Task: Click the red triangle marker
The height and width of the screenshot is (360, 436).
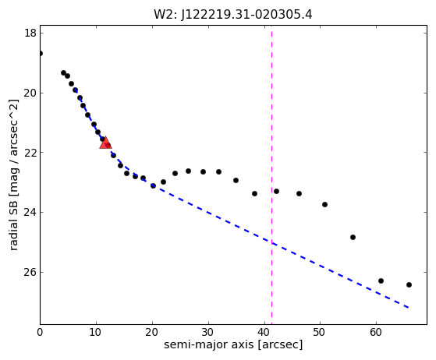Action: pyautogui.click(x=105, y=143)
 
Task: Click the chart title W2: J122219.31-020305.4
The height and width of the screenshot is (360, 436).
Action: pyautogui.click(x=233, y=15)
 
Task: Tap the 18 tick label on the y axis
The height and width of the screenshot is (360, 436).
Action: pyautogui.click(x=30, y=33)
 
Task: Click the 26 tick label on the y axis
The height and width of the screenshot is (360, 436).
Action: pyautogui.click(x=30, y=272)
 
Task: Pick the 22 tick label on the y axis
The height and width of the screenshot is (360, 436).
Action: pyautogui.click(x=30, y=153)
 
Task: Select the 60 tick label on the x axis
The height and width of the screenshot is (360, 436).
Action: pyautogui.click(x=376, y=332)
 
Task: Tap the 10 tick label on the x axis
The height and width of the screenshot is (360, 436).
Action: pyautogui.click(x=96, y=332)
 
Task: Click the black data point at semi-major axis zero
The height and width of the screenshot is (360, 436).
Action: pyautogui.click(x=41, y=53)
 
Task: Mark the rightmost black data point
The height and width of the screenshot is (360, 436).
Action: pyautogui.click(x=409, y=284)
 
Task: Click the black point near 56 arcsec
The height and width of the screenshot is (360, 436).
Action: pyautogui.click(x=353, y=237)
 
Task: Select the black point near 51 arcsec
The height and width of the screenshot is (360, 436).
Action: pyautogui.click(x=324, y=204)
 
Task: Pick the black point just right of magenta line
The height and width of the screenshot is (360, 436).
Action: pyautogui.click(x=276, y=191)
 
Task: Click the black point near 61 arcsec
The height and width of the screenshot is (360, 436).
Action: pyautogui.click(x=381, y=281)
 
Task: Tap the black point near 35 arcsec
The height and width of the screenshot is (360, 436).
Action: pyautogui.click(x=236, y=180)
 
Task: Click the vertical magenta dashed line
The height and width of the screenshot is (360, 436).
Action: pyautogui.click(x=271, y=175)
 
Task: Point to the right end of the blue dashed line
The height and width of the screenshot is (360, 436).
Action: pyautogui.click(x=408, y=308)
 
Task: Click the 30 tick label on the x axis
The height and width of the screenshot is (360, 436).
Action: pyautogui.click(x=208, y=332)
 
